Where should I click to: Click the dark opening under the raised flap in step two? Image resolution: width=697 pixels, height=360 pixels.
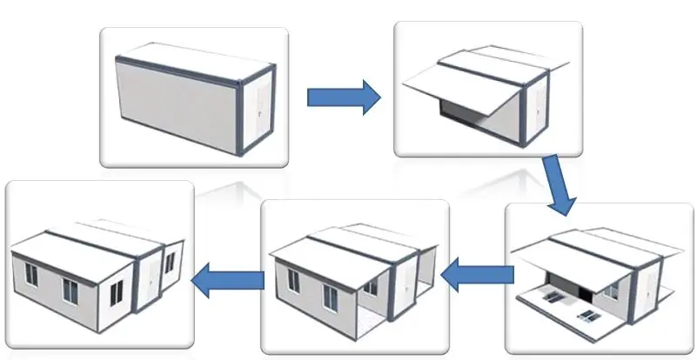click(462, 112)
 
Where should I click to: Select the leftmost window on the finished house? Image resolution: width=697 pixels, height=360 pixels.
click(31, 276)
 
